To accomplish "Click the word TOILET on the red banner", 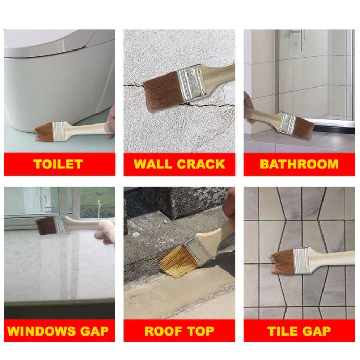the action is tap(58, 164).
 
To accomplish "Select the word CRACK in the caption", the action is tap(201, 164).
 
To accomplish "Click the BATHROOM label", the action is tap(299, 164).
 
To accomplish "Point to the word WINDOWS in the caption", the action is tap(41, 331).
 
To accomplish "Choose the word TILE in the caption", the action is tap(282, 331).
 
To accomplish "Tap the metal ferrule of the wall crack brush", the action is tap(192, 83).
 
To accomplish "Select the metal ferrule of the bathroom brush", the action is tap(288, 123).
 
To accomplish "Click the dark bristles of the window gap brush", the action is tap(46, 226).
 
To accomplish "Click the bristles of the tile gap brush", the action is tap(283, 262).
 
